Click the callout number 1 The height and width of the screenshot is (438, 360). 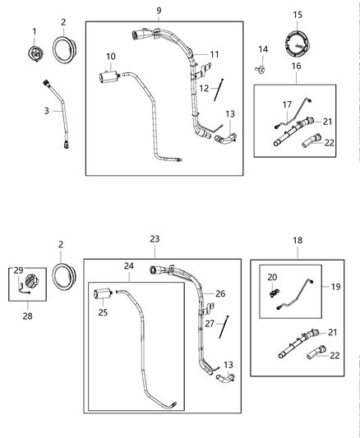(35, 31)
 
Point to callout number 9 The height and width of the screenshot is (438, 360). (159, 11)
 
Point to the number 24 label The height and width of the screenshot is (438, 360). (127, 265)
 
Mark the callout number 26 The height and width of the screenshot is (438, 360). (219, 293)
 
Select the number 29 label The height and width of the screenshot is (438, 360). (18, 270)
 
